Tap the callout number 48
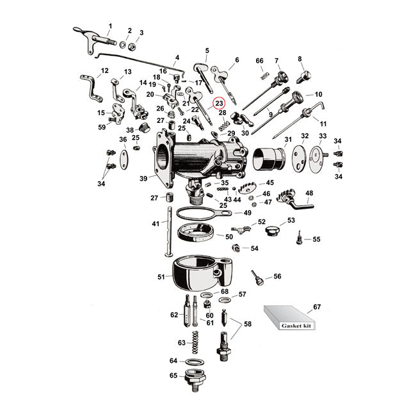309,193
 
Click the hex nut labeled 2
128,45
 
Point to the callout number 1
109,26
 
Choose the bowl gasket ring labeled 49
197,214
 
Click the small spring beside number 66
263,75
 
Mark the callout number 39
143,179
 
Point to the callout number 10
318,95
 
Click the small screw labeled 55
297,241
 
